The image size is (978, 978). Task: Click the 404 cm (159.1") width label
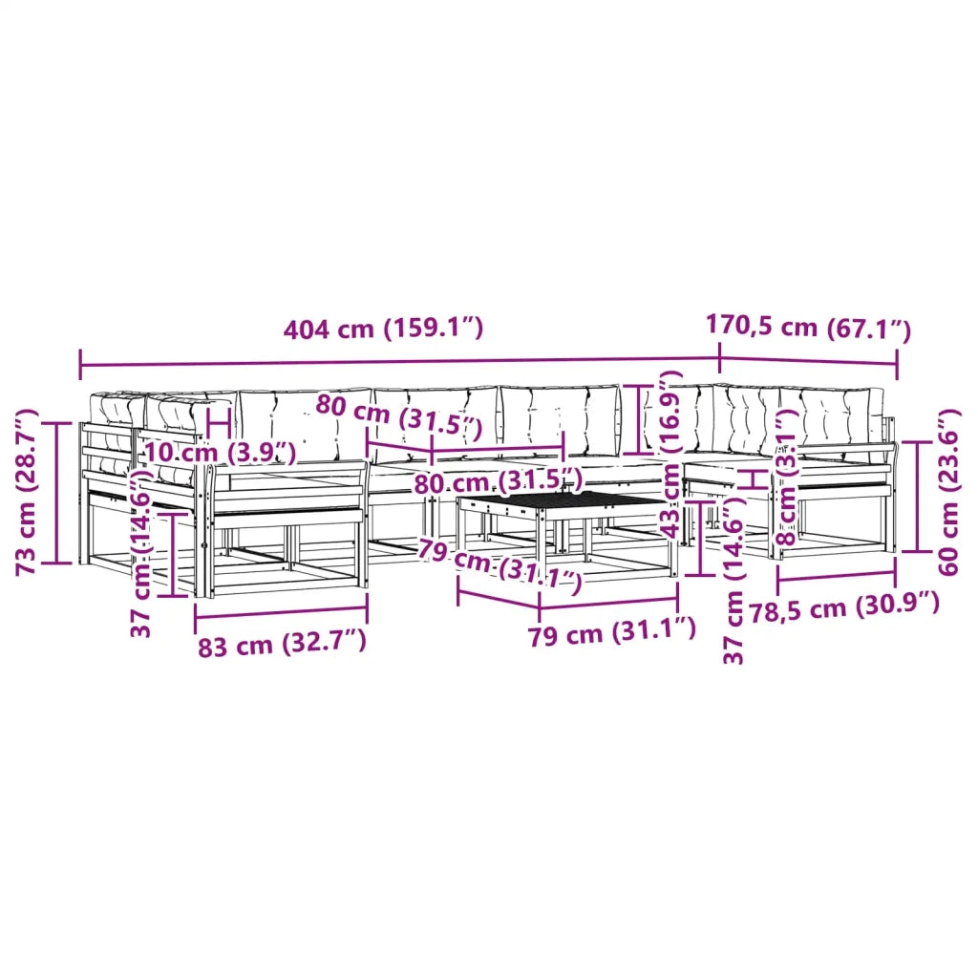(x=383, y=329)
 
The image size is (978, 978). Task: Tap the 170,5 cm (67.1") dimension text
(x=808, y=327)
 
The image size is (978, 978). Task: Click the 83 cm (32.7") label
(x=282, y=644)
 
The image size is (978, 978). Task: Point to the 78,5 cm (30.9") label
(x=844, y=608)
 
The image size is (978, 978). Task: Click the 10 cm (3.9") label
(x=221, y=452)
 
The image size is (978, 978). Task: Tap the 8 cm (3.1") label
(x=787, y=478)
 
